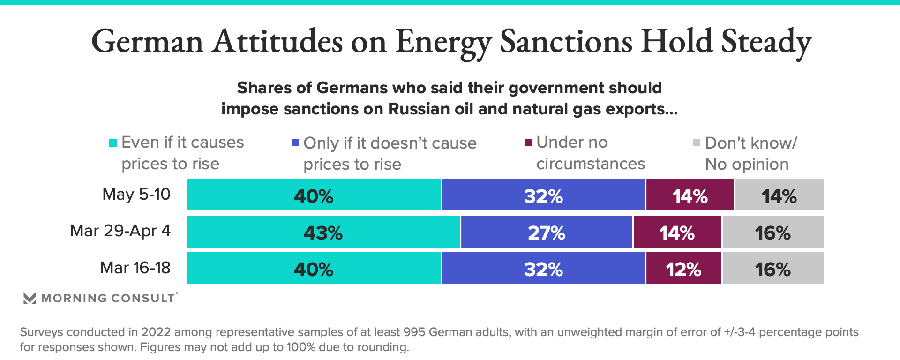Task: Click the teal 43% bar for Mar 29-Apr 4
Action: (x=323, y=232)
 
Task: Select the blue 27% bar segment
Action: (x=547, y=232)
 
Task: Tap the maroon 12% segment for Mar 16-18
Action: (x=683, y=268)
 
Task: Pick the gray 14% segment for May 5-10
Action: (x=779, y=195)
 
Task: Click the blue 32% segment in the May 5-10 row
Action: (x=543, y=195)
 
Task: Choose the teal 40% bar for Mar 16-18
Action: (x=314, y=268)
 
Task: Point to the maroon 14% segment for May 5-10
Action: (x=690, y=195)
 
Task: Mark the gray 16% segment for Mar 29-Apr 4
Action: (x=773, y=232)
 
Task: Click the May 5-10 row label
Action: (x=136, y=194)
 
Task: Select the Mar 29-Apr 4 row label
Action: (x=120, y=231)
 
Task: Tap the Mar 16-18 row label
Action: (x=135, y=268)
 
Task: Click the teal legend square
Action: (x=113, y=142)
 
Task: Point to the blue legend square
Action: (x=295, y=142)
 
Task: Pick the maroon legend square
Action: (x=528, y=142)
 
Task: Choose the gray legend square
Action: (x=697, y=142)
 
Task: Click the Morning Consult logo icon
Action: (x=30, y=298)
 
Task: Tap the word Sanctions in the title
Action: (x=566, y=41)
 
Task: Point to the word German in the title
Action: (x=147, y=41)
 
